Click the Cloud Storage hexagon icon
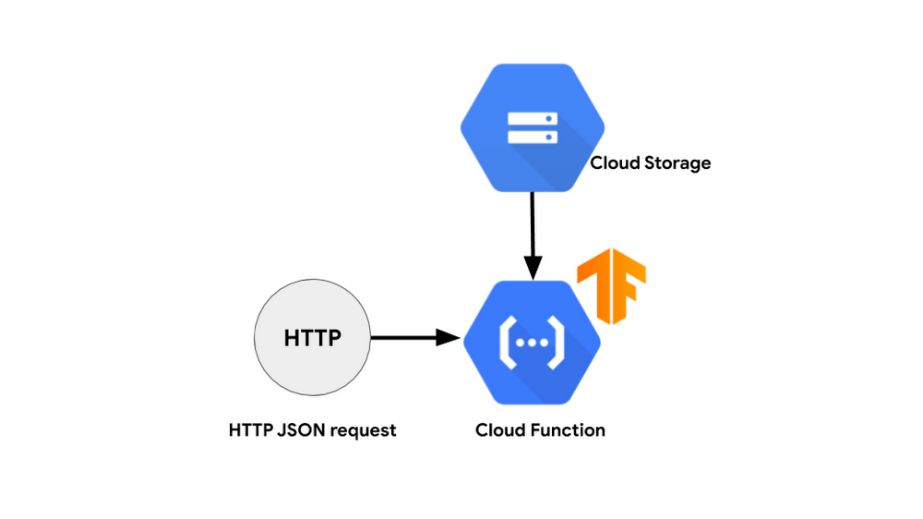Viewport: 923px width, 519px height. [533, 127]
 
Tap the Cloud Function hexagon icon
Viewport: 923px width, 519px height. [533, 343]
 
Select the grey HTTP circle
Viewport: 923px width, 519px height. [313, 338]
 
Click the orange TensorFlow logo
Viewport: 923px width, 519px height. [612, 286]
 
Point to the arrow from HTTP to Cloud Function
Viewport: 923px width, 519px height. [415, 338]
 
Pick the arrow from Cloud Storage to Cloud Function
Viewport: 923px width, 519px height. [533, 236]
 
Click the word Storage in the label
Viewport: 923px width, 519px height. [677, 163]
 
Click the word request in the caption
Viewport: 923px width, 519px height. [363, 431]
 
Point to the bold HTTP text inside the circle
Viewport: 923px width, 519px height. [313, 338]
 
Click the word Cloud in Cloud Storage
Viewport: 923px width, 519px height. [615, 163]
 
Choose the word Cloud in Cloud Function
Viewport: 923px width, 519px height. [501, 430]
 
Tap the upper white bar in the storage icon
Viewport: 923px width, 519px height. [533, 118]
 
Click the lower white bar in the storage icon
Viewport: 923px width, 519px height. [533, 138]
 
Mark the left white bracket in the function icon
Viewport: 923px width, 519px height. [508, 343]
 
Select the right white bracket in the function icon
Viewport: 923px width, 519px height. [557, 343]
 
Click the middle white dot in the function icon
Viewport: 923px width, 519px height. [533, 343]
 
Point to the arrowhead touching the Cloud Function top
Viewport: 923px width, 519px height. [533, 269]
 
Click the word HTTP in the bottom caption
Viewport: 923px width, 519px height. [251, 430]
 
